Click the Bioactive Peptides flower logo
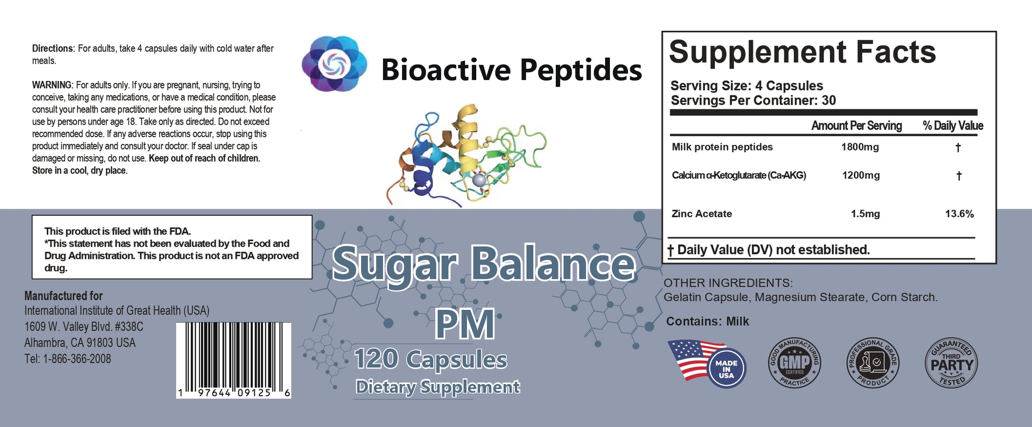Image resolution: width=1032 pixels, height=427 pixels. [x=335, y=64]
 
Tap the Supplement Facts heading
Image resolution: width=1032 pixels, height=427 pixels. [x=802, y=52]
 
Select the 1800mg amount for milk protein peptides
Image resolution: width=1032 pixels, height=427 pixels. [x=860, y=147]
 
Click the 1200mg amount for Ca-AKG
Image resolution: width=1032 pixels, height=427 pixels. [x=861, y=175]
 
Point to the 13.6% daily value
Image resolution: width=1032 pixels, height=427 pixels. [x=959, y=214]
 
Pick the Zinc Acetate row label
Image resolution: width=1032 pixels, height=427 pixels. [x=702, y=214]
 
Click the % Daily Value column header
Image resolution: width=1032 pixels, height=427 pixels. [x=953, y=126]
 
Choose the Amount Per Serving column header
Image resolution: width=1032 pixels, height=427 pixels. [x=856, y=126]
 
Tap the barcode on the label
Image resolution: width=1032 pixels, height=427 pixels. [x=234, y=360]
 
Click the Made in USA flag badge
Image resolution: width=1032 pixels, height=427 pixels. [x=707, y=363]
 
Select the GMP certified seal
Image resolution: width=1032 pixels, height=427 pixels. [x=794, y=363]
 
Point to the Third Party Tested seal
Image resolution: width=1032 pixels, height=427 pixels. [x=951, y=363]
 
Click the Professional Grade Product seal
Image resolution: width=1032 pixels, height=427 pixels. [x=872, y=363]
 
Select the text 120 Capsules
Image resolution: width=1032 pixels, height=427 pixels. [x=431, y=359]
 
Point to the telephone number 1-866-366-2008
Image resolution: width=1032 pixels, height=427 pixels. [x=77, y=359]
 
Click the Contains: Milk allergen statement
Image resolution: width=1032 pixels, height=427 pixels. [x=707, y=321]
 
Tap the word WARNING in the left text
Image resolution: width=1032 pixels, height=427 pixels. [x=52, y=85]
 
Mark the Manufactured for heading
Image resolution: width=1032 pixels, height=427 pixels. [x=64, y=296]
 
